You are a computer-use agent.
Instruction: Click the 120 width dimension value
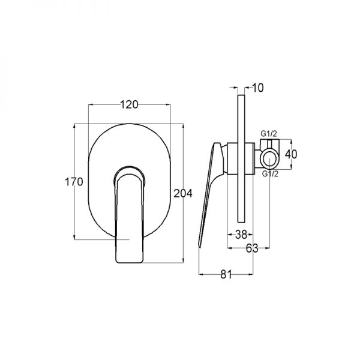point(129,104)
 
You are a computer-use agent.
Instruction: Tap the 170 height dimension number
point(74,182)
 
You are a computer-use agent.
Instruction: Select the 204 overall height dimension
point(183,194)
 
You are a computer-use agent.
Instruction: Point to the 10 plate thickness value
point(258,88)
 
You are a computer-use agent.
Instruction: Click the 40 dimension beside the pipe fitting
point(291,154)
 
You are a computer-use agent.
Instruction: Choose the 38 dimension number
point(241,235)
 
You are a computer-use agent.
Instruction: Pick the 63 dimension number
point(252,248)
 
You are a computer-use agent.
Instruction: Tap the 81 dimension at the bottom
point(226,274)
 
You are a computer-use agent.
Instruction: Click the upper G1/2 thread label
point(269,133)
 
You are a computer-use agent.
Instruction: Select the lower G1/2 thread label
point(270,174)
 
